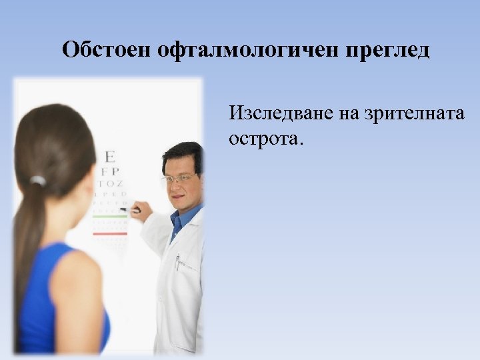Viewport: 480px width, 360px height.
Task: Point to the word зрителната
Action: pyautogui.click(x=414, y=113)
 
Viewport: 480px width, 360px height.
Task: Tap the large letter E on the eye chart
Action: pyautogui.click(x=109, y=157)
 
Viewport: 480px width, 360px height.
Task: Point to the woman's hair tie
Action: pyautogui.click(x=39, y=180)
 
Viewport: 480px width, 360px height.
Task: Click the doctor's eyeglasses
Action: pyautogui.click(x=179, y=179)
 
